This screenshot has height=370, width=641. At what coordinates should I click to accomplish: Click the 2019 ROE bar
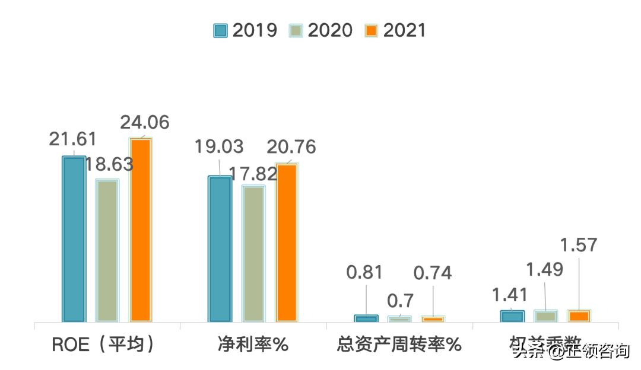tap(74, 238)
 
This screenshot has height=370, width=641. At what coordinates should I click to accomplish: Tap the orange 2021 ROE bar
tap(141, 230)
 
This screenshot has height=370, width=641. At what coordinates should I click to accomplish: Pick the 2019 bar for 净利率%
tap(220, 248)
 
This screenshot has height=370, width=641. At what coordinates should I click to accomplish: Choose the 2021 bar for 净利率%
tap(287, 243)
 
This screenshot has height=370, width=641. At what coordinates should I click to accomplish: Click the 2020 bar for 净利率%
tap(253, 253)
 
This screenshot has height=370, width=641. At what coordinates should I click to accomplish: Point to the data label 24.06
tap(145, 123)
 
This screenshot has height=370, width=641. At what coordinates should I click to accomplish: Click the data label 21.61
tap(72, 139)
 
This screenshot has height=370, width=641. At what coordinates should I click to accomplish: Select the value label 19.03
tap(219, 147)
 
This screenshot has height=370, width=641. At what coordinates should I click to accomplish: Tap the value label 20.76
tap(291, 147)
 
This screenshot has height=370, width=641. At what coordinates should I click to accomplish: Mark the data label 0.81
tap(365, 272)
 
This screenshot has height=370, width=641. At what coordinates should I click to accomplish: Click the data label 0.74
tap(433, 273)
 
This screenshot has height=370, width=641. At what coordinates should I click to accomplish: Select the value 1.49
tap(545, 270)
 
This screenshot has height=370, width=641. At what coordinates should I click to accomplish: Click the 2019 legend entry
tap(245, 30)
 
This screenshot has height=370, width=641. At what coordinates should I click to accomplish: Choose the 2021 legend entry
tap(396, 30)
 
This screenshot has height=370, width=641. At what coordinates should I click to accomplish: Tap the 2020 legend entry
tap(320, 30)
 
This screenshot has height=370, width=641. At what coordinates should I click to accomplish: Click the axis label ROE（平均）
tap(104, 344)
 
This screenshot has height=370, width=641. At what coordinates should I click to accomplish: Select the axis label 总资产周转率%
tap(399, 344)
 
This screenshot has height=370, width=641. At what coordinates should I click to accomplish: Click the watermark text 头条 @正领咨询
tap(570, 351)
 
